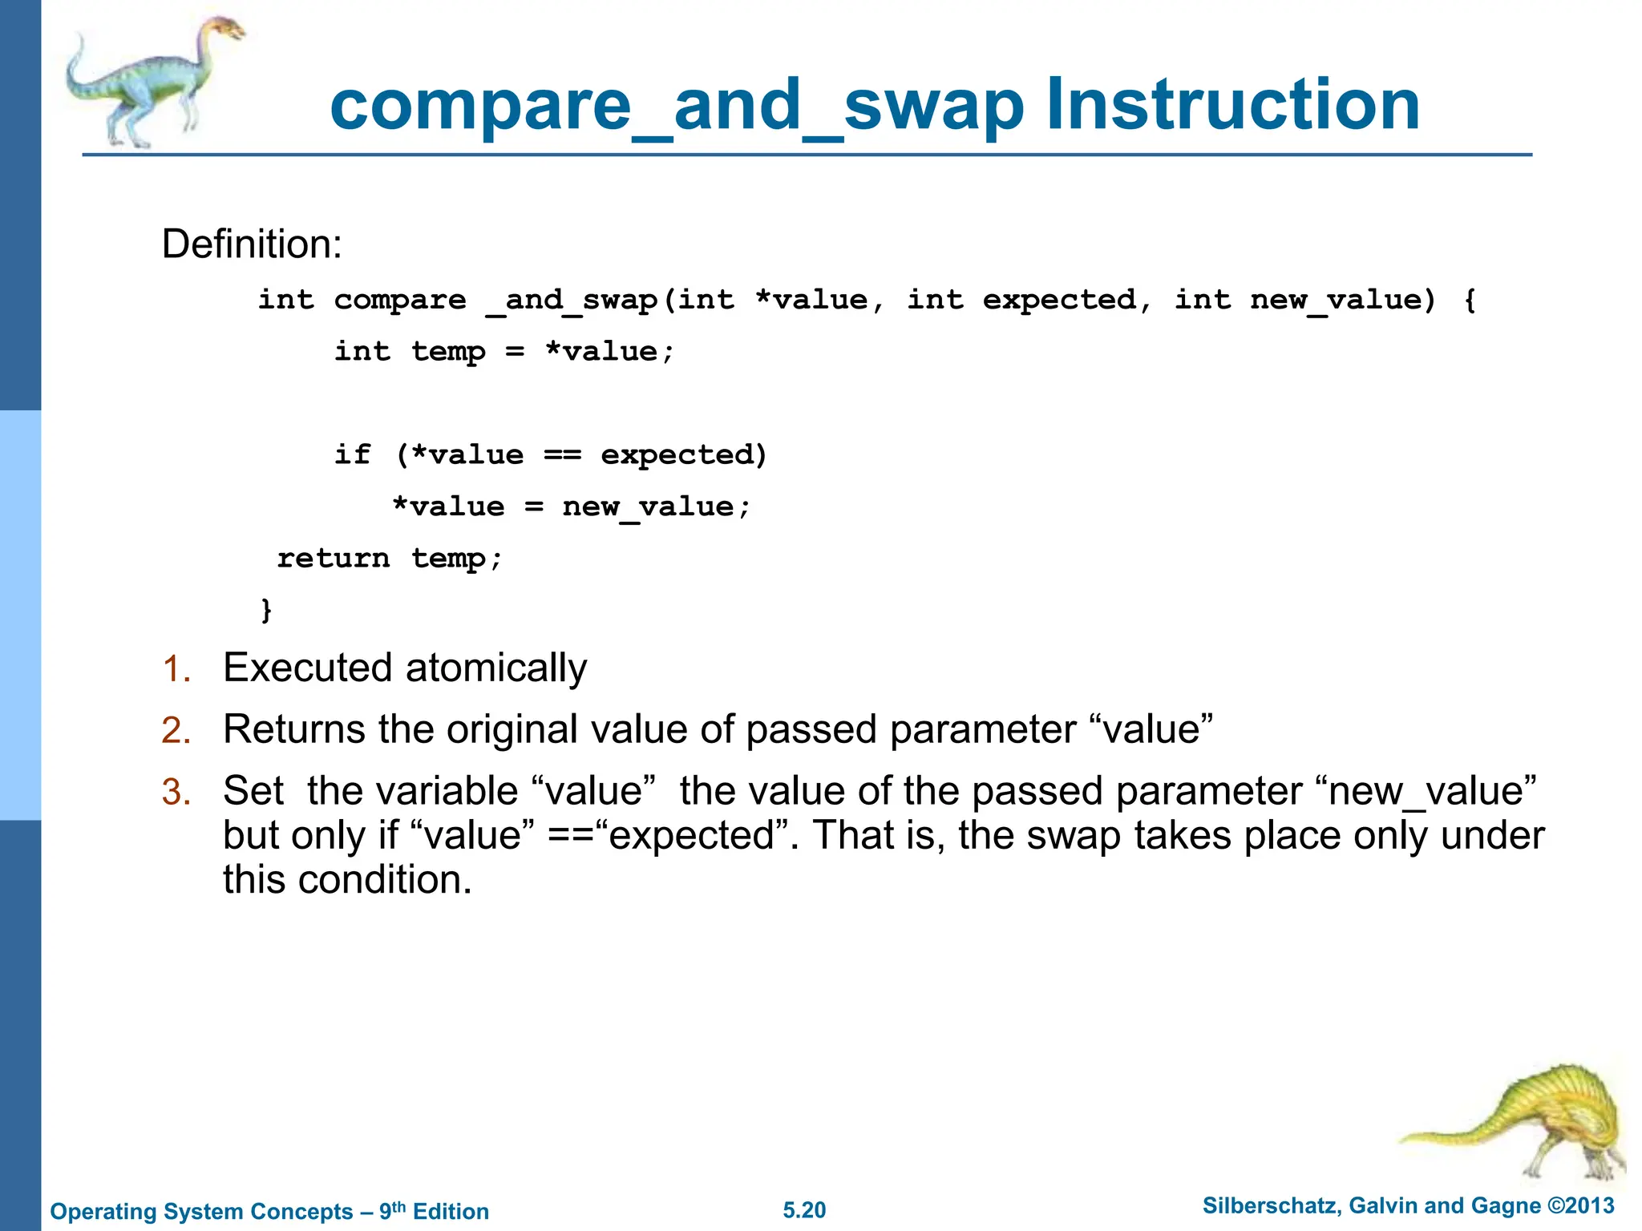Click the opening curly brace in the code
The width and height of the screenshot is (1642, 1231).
point(1469,301)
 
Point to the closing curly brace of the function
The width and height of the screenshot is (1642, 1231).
point(267,610)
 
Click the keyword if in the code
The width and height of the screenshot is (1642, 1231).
point(353,455)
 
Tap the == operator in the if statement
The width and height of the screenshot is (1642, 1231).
point(562,455)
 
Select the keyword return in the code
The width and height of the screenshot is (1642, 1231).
point(334,558)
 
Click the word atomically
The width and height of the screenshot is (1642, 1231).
point(496,668)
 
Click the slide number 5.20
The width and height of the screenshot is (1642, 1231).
point(804,1210)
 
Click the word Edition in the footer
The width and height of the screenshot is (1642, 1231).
point(451,1212)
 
